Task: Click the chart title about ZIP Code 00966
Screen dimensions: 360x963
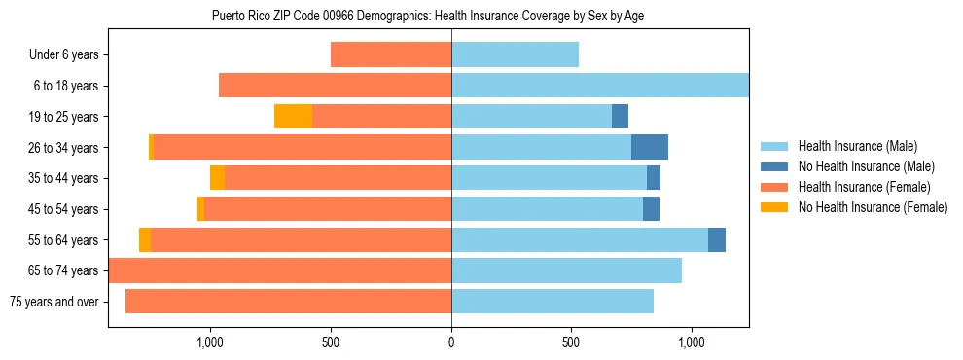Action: [x=428, y=16]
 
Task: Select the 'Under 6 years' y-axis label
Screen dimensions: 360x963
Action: [x=63, y=55]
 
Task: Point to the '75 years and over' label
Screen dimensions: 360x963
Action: [x=53, y=302]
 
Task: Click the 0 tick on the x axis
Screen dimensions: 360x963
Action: [x=451, y=342]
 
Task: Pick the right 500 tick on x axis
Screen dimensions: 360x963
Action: [x=571, y=342]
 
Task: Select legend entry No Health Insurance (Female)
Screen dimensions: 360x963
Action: [x=873, y=207]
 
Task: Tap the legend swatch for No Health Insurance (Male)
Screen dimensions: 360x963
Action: [x=775, y=166]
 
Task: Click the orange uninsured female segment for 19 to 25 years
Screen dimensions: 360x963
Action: [x=293, y=117]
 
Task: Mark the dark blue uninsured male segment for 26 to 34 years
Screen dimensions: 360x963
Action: [x=650, y=147]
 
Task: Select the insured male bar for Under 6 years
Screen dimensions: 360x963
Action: [x=515, y=55]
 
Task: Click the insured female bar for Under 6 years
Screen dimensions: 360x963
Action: [x=391, y=55]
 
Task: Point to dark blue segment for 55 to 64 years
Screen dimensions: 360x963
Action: [x=717, y=240]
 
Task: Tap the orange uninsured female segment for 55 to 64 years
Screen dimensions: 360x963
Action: [x=145, y=240]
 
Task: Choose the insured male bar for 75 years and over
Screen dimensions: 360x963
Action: [x=553, y=302]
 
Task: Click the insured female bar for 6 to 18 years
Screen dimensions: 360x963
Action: [x=335, y=86]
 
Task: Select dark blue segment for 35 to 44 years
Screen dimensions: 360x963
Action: [x=654, y=178]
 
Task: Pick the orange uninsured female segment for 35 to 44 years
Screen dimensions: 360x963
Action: [x=217, y=178]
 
